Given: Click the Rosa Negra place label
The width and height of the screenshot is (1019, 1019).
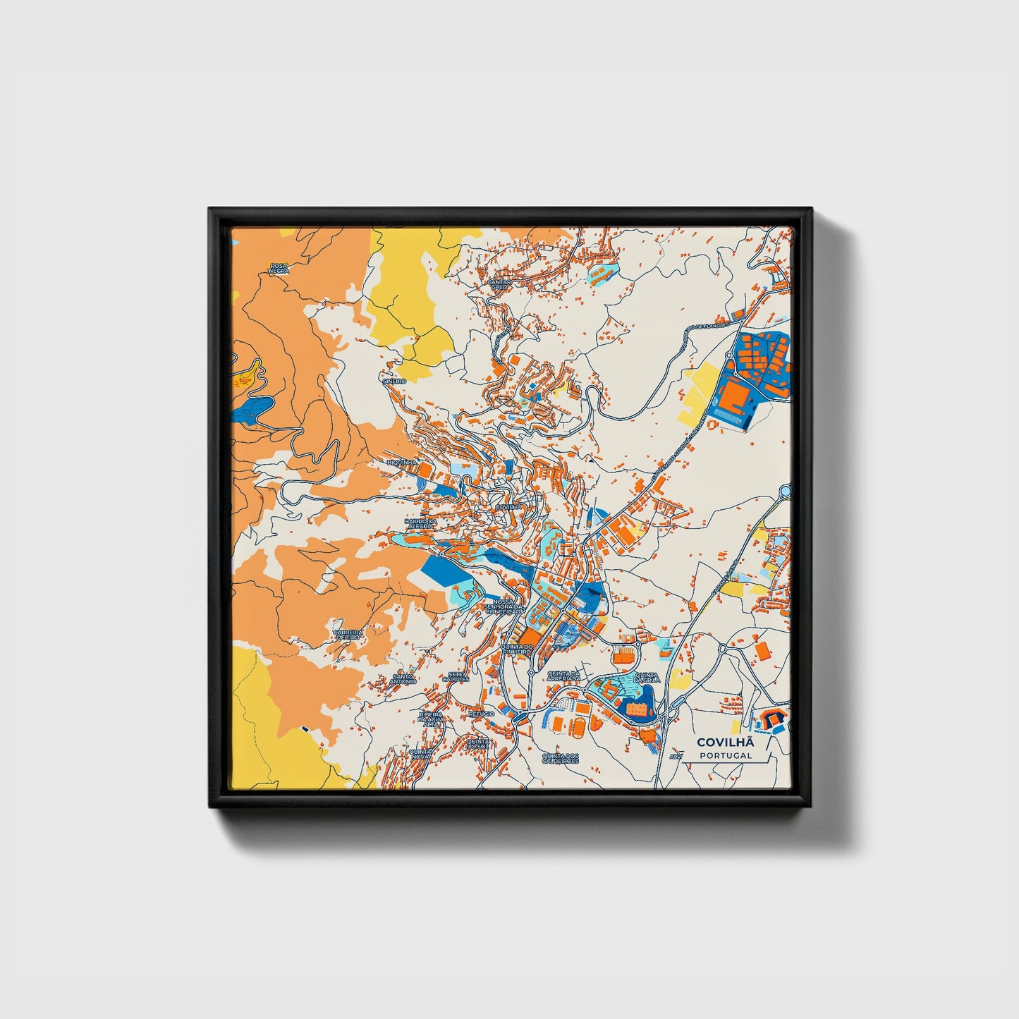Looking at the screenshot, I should click(279, 268).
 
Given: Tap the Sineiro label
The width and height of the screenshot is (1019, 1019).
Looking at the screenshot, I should click(393, 381).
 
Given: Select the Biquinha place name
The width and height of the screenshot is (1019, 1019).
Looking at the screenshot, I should click(401, 463).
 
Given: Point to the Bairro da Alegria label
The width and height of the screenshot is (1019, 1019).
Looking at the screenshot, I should click(421, 523).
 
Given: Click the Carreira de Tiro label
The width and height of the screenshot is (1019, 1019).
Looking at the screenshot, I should click(348, 634).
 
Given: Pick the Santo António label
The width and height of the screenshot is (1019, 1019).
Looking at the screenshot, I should click(403, 679).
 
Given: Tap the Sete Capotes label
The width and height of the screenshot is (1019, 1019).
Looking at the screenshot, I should click(458, 676).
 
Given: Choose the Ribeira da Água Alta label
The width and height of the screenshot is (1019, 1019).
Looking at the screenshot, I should click(429, 719).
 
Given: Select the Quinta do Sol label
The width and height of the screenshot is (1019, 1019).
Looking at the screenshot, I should click(478, 744).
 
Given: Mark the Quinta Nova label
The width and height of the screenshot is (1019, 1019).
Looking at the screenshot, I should click(420, 755).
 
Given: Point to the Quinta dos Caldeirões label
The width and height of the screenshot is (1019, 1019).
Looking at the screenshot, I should click(560, 759).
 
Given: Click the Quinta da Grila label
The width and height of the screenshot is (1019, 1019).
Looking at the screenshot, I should click(647, 677).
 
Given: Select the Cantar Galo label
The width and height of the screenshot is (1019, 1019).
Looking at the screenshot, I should click(499, 283).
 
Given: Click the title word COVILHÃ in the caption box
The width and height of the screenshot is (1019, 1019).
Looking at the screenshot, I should click(726, 742).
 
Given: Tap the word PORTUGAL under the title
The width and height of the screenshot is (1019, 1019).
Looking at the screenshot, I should click(726, 755).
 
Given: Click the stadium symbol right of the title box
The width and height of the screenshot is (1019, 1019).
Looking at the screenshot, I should click(771, 720).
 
